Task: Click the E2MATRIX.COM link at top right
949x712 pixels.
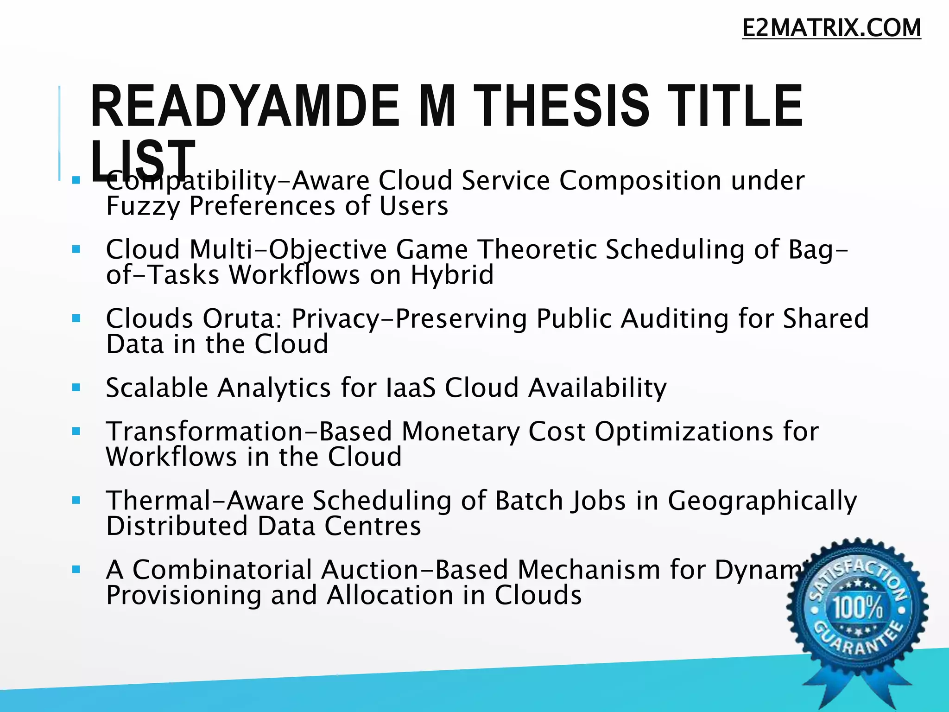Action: click(x=831, y=28)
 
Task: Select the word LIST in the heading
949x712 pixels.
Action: click(x=143, y=160)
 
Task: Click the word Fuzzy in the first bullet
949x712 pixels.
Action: click(x=142, y=206)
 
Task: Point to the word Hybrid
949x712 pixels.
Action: click(x=452, y=275)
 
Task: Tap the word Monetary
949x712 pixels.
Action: click(x=460, y=432)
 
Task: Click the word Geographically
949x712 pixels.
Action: click(x=762, y=501)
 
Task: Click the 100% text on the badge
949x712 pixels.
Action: click(x=858, y=607)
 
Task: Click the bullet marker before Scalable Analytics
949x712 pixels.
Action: click(x=76, y=388)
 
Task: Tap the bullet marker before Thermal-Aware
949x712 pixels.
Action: click(x=76, y=501)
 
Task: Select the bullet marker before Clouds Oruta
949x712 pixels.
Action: click(x=76, y=318)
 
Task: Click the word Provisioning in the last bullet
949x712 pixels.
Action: click(x=183, y=595)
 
